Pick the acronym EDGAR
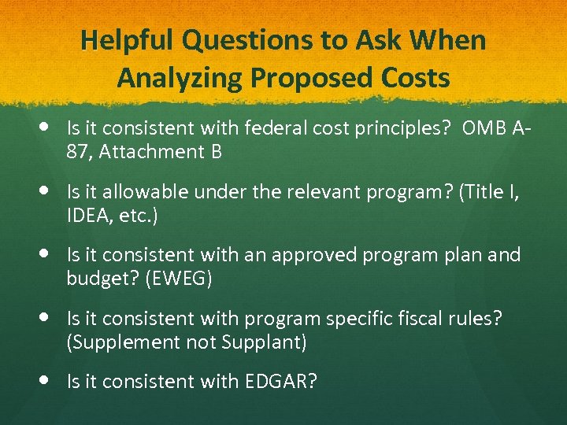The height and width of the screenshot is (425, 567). pos(280,382)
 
